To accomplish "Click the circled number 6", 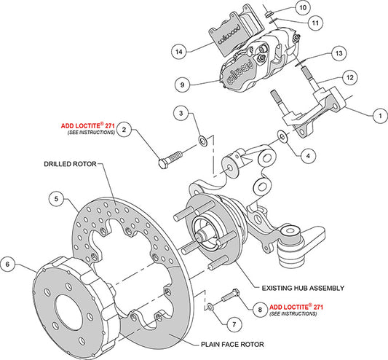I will point(8,262).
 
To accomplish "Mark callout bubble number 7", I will point(232,323).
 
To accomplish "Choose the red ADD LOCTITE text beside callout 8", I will point(297,308).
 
